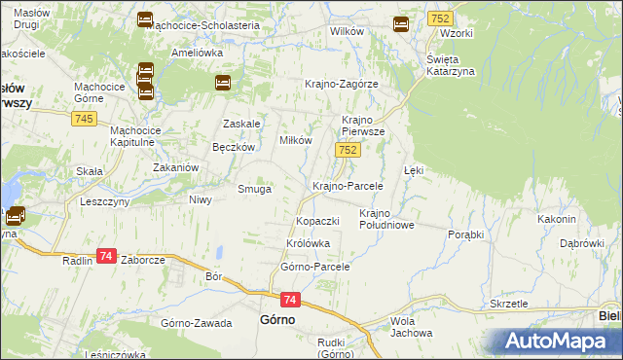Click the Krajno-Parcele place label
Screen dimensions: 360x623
(348, 186)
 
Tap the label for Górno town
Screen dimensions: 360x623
(277, 319)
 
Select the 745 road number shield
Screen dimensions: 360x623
(83, 118)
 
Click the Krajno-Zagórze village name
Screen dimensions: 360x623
(341, 84)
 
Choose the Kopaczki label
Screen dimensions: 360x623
(317, 222)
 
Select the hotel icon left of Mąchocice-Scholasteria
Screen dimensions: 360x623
(145, 19)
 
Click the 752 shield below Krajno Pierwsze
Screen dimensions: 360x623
(348, 150)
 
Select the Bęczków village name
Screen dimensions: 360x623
(233, 147)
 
